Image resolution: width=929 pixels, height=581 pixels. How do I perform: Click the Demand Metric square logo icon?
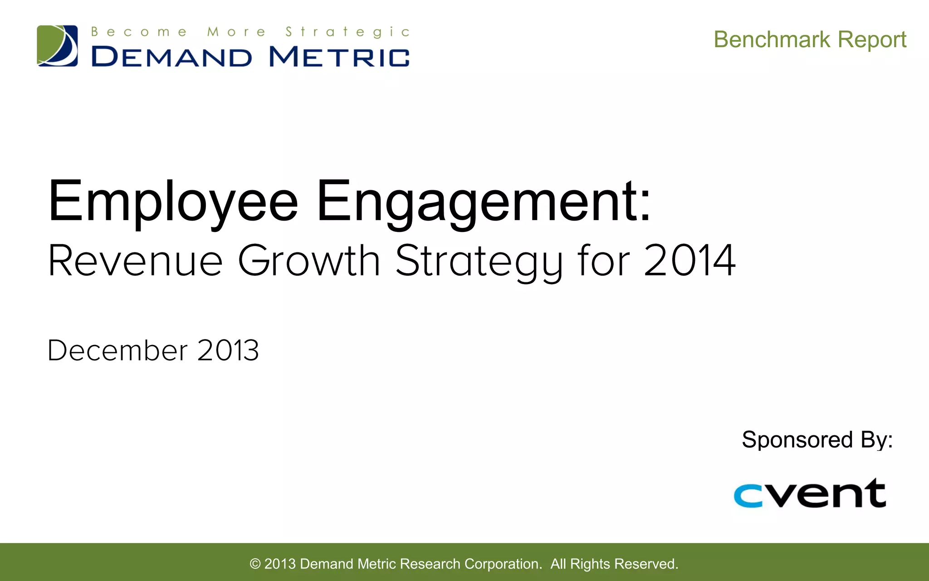(57, 46)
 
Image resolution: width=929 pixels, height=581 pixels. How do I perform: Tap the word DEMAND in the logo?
(171, 58)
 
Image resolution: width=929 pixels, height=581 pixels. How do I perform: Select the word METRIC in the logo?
(339, 58)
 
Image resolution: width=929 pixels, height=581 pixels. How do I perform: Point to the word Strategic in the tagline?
(347, 32)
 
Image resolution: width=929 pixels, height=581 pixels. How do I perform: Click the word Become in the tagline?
(139, 32)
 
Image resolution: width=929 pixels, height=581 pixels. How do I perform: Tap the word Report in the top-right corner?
(872, 39)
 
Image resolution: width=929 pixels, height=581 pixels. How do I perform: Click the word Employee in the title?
(173, 202)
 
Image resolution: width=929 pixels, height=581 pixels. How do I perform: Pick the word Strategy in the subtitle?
(479, 262)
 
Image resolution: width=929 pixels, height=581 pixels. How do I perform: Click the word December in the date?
(117, 350)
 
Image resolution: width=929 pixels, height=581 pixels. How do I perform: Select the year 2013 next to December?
(228, 350)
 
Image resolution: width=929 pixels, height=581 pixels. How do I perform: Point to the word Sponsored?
(797, 440)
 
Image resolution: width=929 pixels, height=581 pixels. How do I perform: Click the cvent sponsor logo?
(810, 493)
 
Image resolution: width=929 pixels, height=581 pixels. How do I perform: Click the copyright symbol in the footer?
(255, 564)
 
